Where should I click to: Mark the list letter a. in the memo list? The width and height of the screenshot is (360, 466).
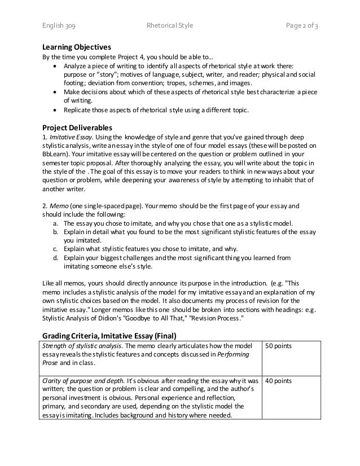pyautogui.click(x=54, y=223)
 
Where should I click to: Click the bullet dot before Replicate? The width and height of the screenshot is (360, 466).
pyautogui.click(x=54, y=109)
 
